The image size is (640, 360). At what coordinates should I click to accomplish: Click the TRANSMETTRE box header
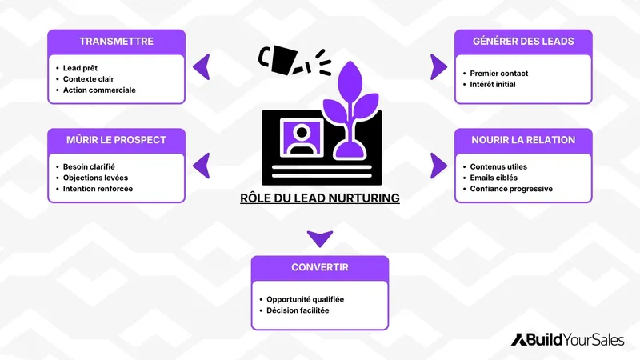coord(117,41)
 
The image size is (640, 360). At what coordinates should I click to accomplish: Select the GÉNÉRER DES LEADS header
coord(523,41)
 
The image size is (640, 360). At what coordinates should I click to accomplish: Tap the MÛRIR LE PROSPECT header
coord(117,140)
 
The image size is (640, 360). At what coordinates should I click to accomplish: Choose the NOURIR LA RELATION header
coord(523,140)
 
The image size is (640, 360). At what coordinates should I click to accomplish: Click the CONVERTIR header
coord(320,267)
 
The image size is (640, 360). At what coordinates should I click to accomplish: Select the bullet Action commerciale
coord(99,90)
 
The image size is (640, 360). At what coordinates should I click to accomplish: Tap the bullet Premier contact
coord(498,74)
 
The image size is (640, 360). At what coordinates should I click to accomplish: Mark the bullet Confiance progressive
coord(510,189)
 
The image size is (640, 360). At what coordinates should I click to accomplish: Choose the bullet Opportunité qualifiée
coord(305,299)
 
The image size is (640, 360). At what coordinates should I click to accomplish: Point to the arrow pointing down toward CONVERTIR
coord(320,238)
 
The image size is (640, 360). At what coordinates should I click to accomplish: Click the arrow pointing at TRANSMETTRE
coord(202,66)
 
